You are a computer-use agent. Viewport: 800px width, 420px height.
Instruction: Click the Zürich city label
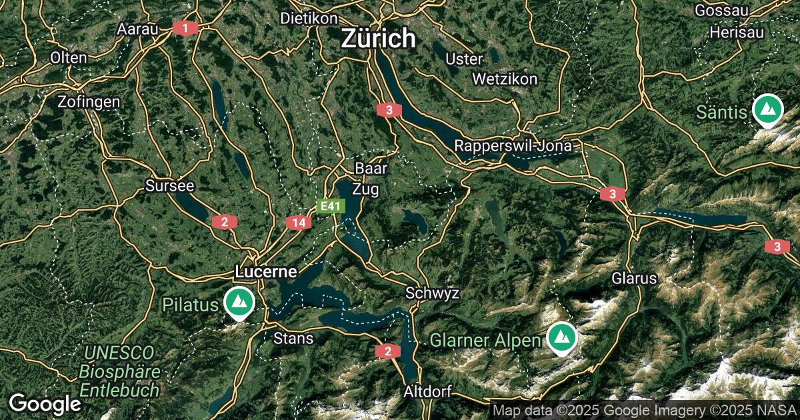coord(378,39)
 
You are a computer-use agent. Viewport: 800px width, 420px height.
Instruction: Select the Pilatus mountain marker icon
coord(238,303)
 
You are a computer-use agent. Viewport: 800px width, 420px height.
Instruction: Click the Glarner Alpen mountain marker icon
coord(562,338)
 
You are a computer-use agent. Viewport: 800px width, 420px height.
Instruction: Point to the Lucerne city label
coord(265,272)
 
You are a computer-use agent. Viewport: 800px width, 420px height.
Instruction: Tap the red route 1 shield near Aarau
coord(185,28)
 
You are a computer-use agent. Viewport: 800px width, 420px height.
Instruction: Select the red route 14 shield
coord(299,222)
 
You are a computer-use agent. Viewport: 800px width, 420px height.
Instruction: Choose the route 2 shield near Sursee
coord(225,222)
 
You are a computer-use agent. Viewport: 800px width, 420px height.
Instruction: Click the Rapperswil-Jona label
coord(517,146)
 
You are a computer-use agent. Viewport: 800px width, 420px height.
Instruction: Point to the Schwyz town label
coord(432,293)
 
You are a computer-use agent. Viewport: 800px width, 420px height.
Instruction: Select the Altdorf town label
coord(427,391)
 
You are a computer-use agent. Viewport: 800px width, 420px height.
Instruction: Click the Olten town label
coord(68,58)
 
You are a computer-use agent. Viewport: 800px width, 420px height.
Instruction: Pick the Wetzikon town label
coord(504,79)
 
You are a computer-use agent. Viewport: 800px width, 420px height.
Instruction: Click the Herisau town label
coord(736,32)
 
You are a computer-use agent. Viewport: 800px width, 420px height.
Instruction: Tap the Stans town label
coord(293,338)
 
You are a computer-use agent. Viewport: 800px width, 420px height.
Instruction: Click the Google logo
coord(45,403)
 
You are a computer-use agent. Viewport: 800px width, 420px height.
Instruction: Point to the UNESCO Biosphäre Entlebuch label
coord(119,371)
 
